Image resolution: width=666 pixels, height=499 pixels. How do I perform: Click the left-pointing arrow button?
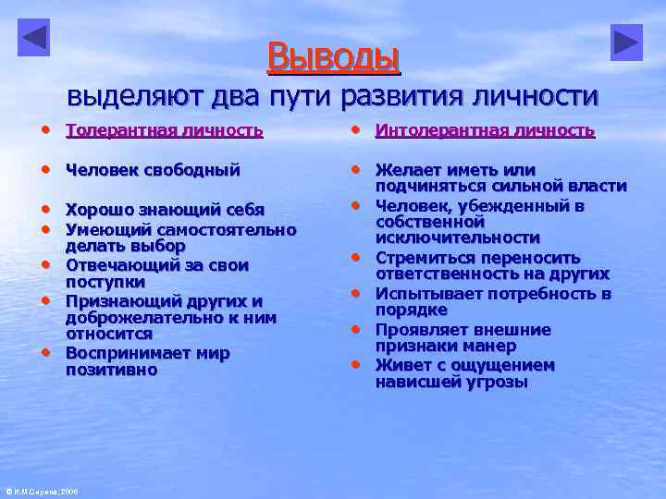34,38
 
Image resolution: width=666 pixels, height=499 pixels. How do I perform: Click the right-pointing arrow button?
626,43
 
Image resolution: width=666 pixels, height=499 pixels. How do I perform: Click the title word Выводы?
334,56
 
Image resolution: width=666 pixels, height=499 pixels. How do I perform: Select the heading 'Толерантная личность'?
165,130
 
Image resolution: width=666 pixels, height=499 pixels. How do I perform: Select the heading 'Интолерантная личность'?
485,130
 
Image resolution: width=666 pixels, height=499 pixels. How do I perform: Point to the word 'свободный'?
194,169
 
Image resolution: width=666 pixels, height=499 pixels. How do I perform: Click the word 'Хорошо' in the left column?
99,210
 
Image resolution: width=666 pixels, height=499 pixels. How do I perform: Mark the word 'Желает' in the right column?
406,169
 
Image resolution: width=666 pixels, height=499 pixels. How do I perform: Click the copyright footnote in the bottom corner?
42,492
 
